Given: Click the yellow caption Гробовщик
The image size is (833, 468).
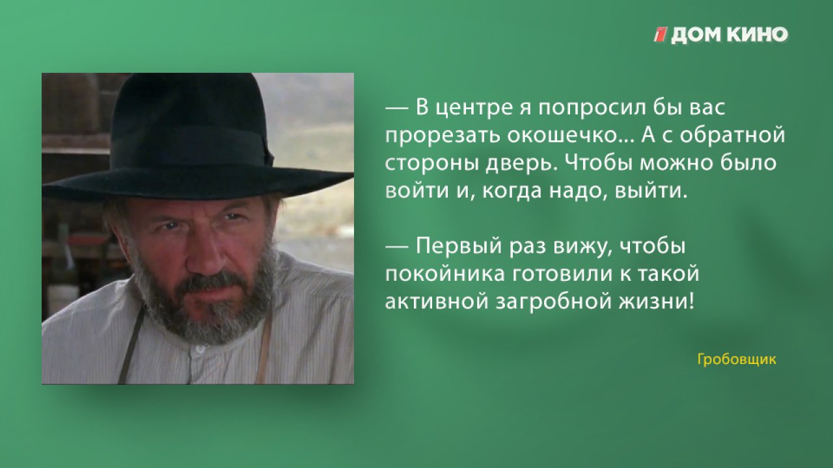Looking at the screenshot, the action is click(737, 359).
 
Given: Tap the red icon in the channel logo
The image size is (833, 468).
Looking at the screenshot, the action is click(661, 35).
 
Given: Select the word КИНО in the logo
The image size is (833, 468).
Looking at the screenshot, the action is click(758, 35).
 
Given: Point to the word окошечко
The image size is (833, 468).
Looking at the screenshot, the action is click(562, 135).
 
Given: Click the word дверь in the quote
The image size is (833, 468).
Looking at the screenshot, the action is click(522, 164).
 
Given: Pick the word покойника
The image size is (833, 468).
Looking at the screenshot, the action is click(445, 274).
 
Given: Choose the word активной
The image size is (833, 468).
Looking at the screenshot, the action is click(437, 302).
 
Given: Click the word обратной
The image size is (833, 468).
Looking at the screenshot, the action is click(732, 135).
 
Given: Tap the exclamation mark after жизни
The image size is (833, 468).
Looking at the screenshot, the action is click(691, 301).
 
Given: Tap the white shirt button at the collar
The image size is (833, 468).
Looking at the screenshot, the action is click(200, 349).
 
